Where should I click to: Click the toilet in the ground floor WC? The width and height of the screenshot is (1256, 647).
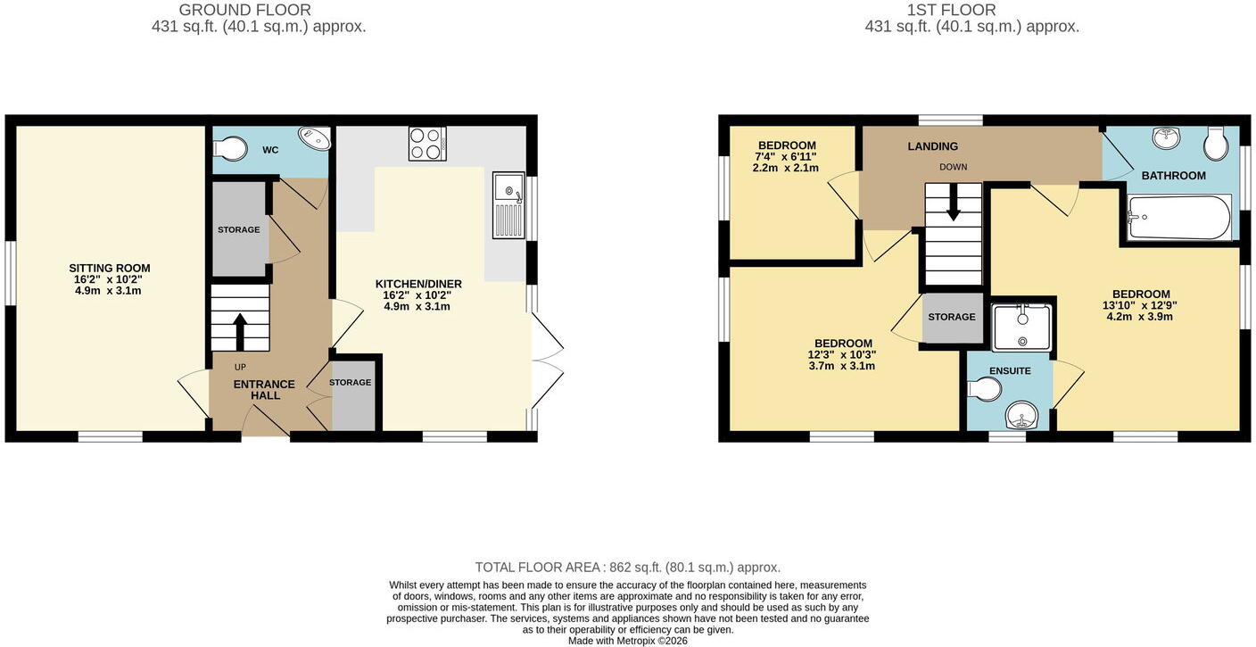[230, 149]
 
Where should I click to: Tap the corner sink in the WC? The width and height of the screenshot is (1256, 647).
[315, 138]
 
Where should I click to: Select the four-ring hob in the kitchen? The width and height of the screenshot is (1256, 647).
[427, 145]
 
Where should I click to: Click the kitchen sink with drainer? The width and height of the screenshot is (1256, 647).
[509, 205]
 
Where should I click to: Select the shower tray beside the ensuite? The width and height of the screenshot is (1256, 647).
[1021, 328]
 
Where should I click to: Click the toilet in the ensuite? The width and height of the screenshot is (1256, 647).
[985, 389]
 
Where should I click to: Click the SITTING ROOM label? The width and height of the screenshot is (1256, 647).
[110, 269]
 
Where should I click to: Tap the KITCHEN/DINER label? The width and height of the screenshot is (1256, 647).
[418, 284]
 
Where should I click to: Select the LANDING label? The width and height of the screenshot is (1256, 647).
[932, 146]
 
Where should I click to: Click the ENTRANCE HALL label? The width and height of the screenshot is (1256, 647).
[264, 389]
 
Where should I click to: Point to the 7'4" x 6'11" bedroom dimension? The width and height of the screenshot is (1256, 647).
[787, 156]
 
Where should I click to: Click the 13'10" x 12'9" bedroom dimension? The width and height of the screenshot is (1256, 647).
[1140, 305]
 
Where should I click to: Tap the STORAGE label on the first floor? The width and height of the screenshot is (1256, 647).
[952, 317]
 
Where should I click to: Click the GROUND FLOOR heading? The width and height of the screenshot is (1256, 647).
[244, 10]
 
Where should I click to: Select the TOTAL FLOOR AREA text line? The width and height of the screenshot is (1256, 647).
[628, 568]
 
